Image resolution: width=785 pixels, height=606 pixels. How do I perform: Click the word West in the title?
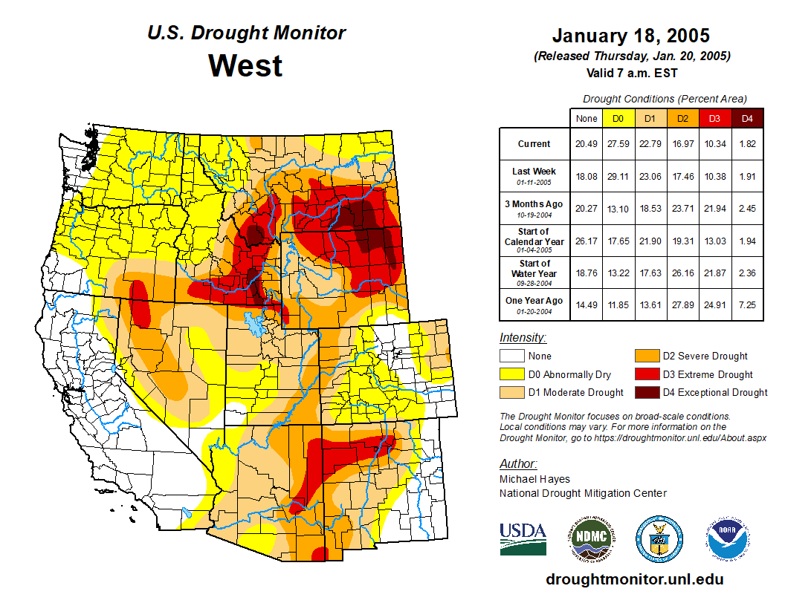coord(245,66)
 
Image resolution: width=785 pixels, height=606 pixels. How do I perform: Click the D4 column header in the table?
coord(747,118)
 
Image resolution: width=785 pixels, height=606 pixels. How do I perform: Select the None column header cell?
coord(586,118)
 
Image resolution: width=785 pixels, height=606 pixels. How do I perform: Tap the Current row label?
coord(534,144)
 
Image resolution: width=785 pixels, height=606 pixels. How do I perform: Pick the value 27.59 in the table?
coord(618,144)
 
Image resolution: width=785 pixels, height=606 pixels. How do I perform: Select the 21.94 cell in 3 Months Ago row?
coord(714,208)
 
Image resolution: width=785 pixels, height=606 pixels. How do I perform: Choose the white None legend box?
coord(512,356)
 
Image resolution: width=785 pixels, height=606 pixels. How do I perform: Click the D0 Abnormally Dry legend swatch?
coord(512,374)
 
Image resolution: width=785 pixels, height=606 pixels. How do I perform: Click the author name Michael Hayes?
coord(534,479)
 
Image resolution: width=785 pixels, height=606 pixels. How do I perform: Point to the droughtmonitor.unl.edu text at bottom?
coord(634,579)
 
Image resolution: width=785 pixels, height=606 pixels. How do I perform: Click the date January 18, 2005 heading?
coord(630,36)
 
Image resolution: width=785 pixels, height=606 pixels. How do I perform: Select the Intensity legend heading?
coord(523,338)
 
